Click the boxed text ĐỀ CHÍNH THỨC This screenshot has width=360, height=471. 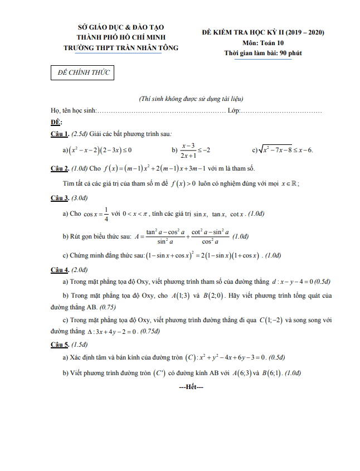[81, 73]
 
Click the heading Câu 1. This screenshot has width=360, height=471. [59, 134]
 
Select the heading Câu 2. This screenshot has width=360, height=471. [59, 168]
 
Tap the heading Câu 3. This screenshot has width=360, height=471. [59, 198]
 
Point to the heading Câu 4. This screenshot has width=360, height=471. [59, 270]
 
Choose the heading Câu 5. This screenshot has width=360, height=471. [59, 344]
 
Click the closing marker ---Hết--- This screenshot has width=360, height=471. [191, 386]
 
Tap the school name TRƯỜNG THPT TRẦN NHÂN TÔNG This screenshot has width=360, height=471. [121, 48]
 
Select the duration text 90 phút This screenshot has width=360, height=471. [291, 52]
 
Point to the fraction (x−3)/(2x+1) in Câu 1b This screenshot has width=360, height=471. [191, 150]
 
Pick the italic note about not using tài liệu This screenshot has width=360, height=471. [191, 99]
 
